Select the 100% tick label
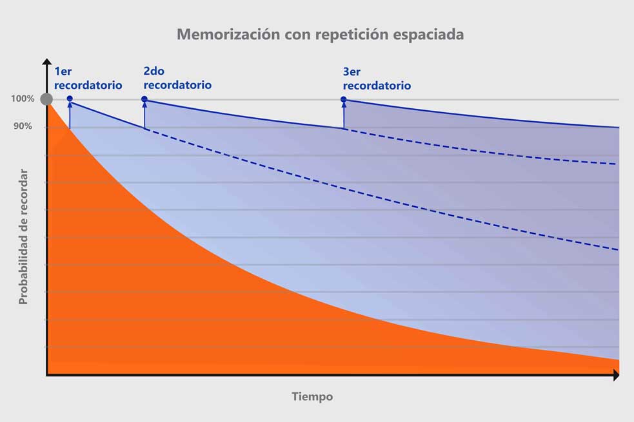click(x=22, y=99)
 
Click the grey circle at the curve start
click(x=46, y=99)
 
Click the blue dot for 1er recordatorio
click(x=70, y=99)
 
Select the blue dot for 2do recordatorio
click(x=144, y=99)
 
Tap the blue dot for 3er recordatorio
click(x=343, y=99)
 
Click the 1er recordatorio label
click(x=88, y=79)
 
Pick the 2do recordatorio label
click(x=177, y=79)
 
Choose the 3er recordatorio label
click(x=377, y=79)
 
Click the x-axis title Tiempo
click(x=312, y=397)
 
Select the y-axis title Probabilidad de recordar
click(x=23, y=236)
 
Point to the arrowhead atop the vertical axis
click(x=46, y=62)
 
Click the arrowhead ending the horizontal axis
click(x=616, y=375)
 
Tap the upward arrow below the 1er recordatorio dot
click(x=70, y=115)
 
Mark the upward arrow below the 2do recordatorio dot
click(x=144, y=115)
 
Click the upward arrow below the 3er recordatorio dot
click(x=343, y=115)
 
